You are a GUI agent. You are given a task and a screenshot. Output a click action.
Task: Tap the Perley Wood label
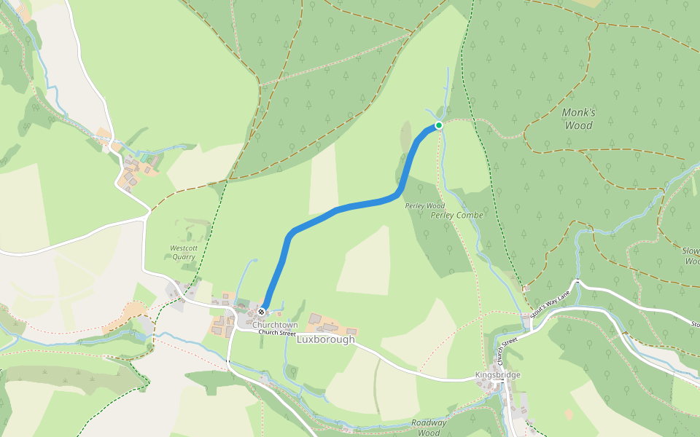tap(425, 206)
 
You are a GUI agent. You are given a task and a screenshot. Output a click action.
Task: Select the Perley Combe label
tap(457, 216)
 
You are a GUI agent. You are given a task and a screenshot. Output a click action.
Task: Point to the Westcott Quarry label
tap(184, 252)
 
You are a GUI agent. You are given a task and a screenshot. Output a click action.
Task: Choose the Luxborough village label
tap(326, 339)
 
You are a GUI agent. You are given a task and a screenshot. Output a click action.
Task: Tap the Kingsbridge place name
tap(497, 375)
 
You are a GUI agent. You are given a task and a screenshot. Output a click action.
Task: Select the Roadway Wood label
tap(429, 428)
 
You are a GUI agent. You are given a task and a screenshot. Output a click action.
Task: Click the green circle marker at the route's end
tap(439, 125)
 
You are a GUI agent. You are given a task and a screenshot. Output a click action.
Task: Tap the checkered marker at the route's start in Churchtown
tap(261, 312)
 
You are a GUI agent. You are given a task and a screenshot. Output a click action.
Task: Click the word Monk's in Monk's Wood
tap(578, 112)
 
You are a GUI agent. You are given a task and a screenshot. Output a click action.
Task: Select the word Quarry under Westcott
tap(184, 256)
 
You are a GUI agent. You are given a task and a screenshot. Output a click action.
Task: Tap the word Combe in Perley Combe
tap(470, 216)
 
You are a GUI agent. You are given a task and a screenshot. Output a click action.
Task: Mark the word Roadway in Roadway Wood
tap(429, 422)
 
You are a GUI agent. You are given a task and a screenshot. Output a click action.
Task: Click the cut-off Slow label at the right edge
tap(691, 251)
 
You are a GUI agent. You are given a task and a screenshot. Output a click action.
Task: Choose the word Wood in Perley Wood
tap(436, 206)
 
